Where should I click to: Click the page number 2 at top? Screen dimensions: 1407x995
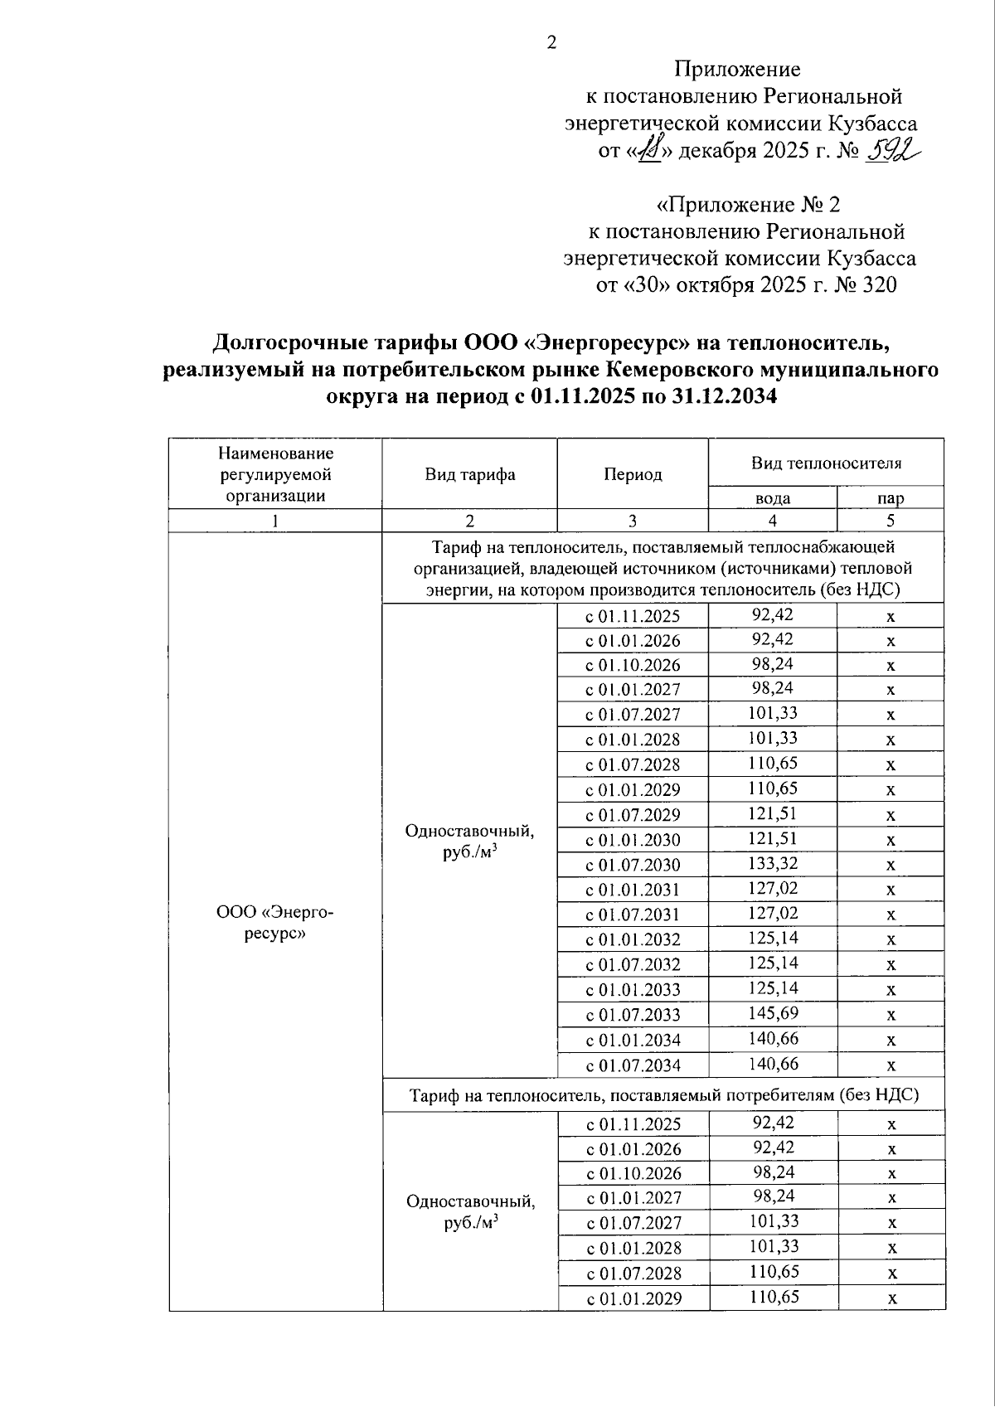click(551, 43)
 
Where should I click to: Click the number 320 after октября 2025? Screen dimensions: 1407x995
click(880, 285)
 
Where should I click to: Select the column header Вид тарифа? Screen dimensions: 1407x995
click(469, 474)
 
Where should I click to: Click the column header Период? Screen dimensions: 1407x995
click(632, 474)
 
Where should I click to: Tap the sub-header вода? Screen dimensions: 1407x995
click(772, 498)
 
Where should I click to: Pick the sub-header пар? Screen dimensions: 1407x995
click(891, 498)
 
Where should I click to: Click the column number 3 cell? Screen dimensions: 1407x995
click(632, 521)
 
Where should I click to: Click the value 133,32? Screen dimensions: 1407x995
click(772, 864)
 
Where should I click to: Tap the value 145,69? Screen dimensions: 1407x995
click(772, 1014)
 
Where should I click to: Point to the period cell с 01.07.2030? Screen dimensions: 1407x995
click(633, 865)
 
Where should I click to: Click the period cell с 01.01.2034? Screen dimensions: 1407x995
click(633, 1040)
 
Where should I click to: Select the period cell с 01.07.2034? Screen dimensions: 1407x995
click(633, 1065)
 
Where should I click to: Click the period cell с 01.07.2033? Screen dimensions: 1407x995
click(633, 1015)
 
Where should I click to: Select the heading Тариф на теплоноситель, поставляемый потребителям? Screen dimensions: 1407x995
click(664, 1095)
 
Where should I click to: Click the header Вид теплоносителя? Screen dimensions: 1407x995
click(826, 463)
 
